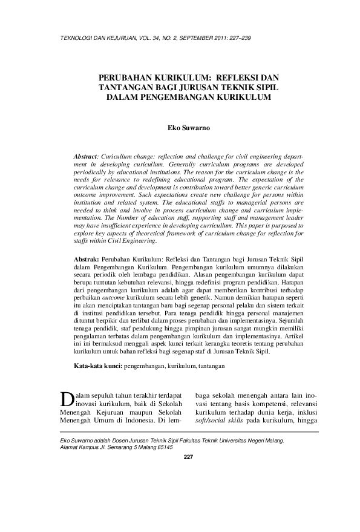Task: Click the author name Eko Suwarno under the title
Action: pyautogui.click(x=187, y=128)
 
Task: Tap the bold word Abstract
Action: pyautogui.click(x=86, y=156)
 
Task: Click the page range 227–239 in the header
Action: pyautogui.click(x=238, y=38)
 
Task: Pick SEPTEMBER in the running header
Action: pyautogui.click(x=183, y=38)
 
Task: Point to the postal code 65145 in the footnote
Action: pyautogui.click(x=163, y=447)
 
